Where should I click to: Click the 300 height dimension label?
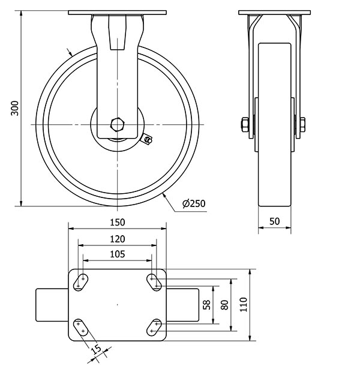[x=15, y=108]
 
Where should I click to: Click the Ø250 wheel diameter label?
[x=194, y=203]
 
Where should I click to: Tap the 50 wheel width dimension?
[x=275, y=221]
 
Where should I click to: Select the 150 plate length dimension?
[x=118, y=222]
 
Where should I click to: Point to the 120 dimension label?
[x=118, y=239]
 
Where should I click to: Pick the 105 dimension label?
[x=118, y=254]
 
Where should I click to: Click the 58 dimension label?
[x=207, y=305]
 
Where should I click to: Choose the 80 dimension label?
[x=224, y=305]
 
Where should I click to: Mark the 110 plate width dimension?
[x=243, y=304]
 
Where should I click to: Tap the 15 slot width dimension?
[x=96, y=349]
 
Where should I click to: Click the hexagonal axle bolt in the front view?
[x=118, y=124]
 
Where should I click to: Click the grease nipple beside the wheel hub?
[x=147, y=139]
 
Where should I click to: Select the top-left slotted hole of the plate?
[x=80, y=282]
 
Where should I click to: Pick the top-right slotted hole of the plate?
[x=154, y=282]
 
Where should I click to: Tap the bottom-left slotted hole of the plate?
[x=80, y=328]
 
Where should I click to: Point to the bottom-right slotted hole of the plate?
[x=154, y=328]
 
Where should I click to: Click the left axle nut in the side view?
[x=245, y=124]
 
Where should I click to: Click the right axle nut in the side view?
[x=302, y=124]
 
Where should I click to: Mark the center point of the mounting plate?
[x=118, y=305]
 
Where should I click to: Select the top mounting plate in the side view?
[x=275, y=13]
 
